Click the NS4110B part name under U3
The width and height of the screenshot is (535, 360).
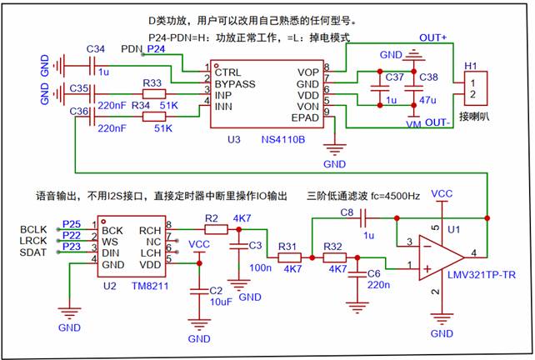[282, 139]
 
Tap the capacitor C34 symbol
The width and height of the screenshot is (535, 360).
[93, 63]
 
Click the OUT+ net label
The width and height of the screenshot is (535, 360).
[433, 38]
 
